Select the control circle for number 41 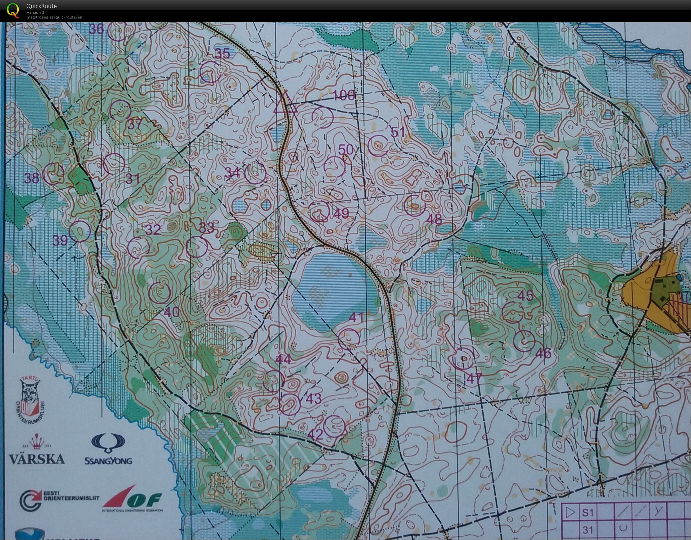(349, 338)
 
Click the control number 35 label (222, 54)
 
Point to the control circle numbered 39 (80, 231)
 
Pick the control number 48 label (434, 220)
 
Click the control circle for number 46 (524, 341)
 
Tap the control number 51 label (398, 132)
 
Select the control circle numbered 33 (197, 247)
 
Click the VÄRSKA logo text (37, 459)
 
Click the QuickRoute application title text (41, 6)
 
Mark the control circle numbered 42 (334, 425)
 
